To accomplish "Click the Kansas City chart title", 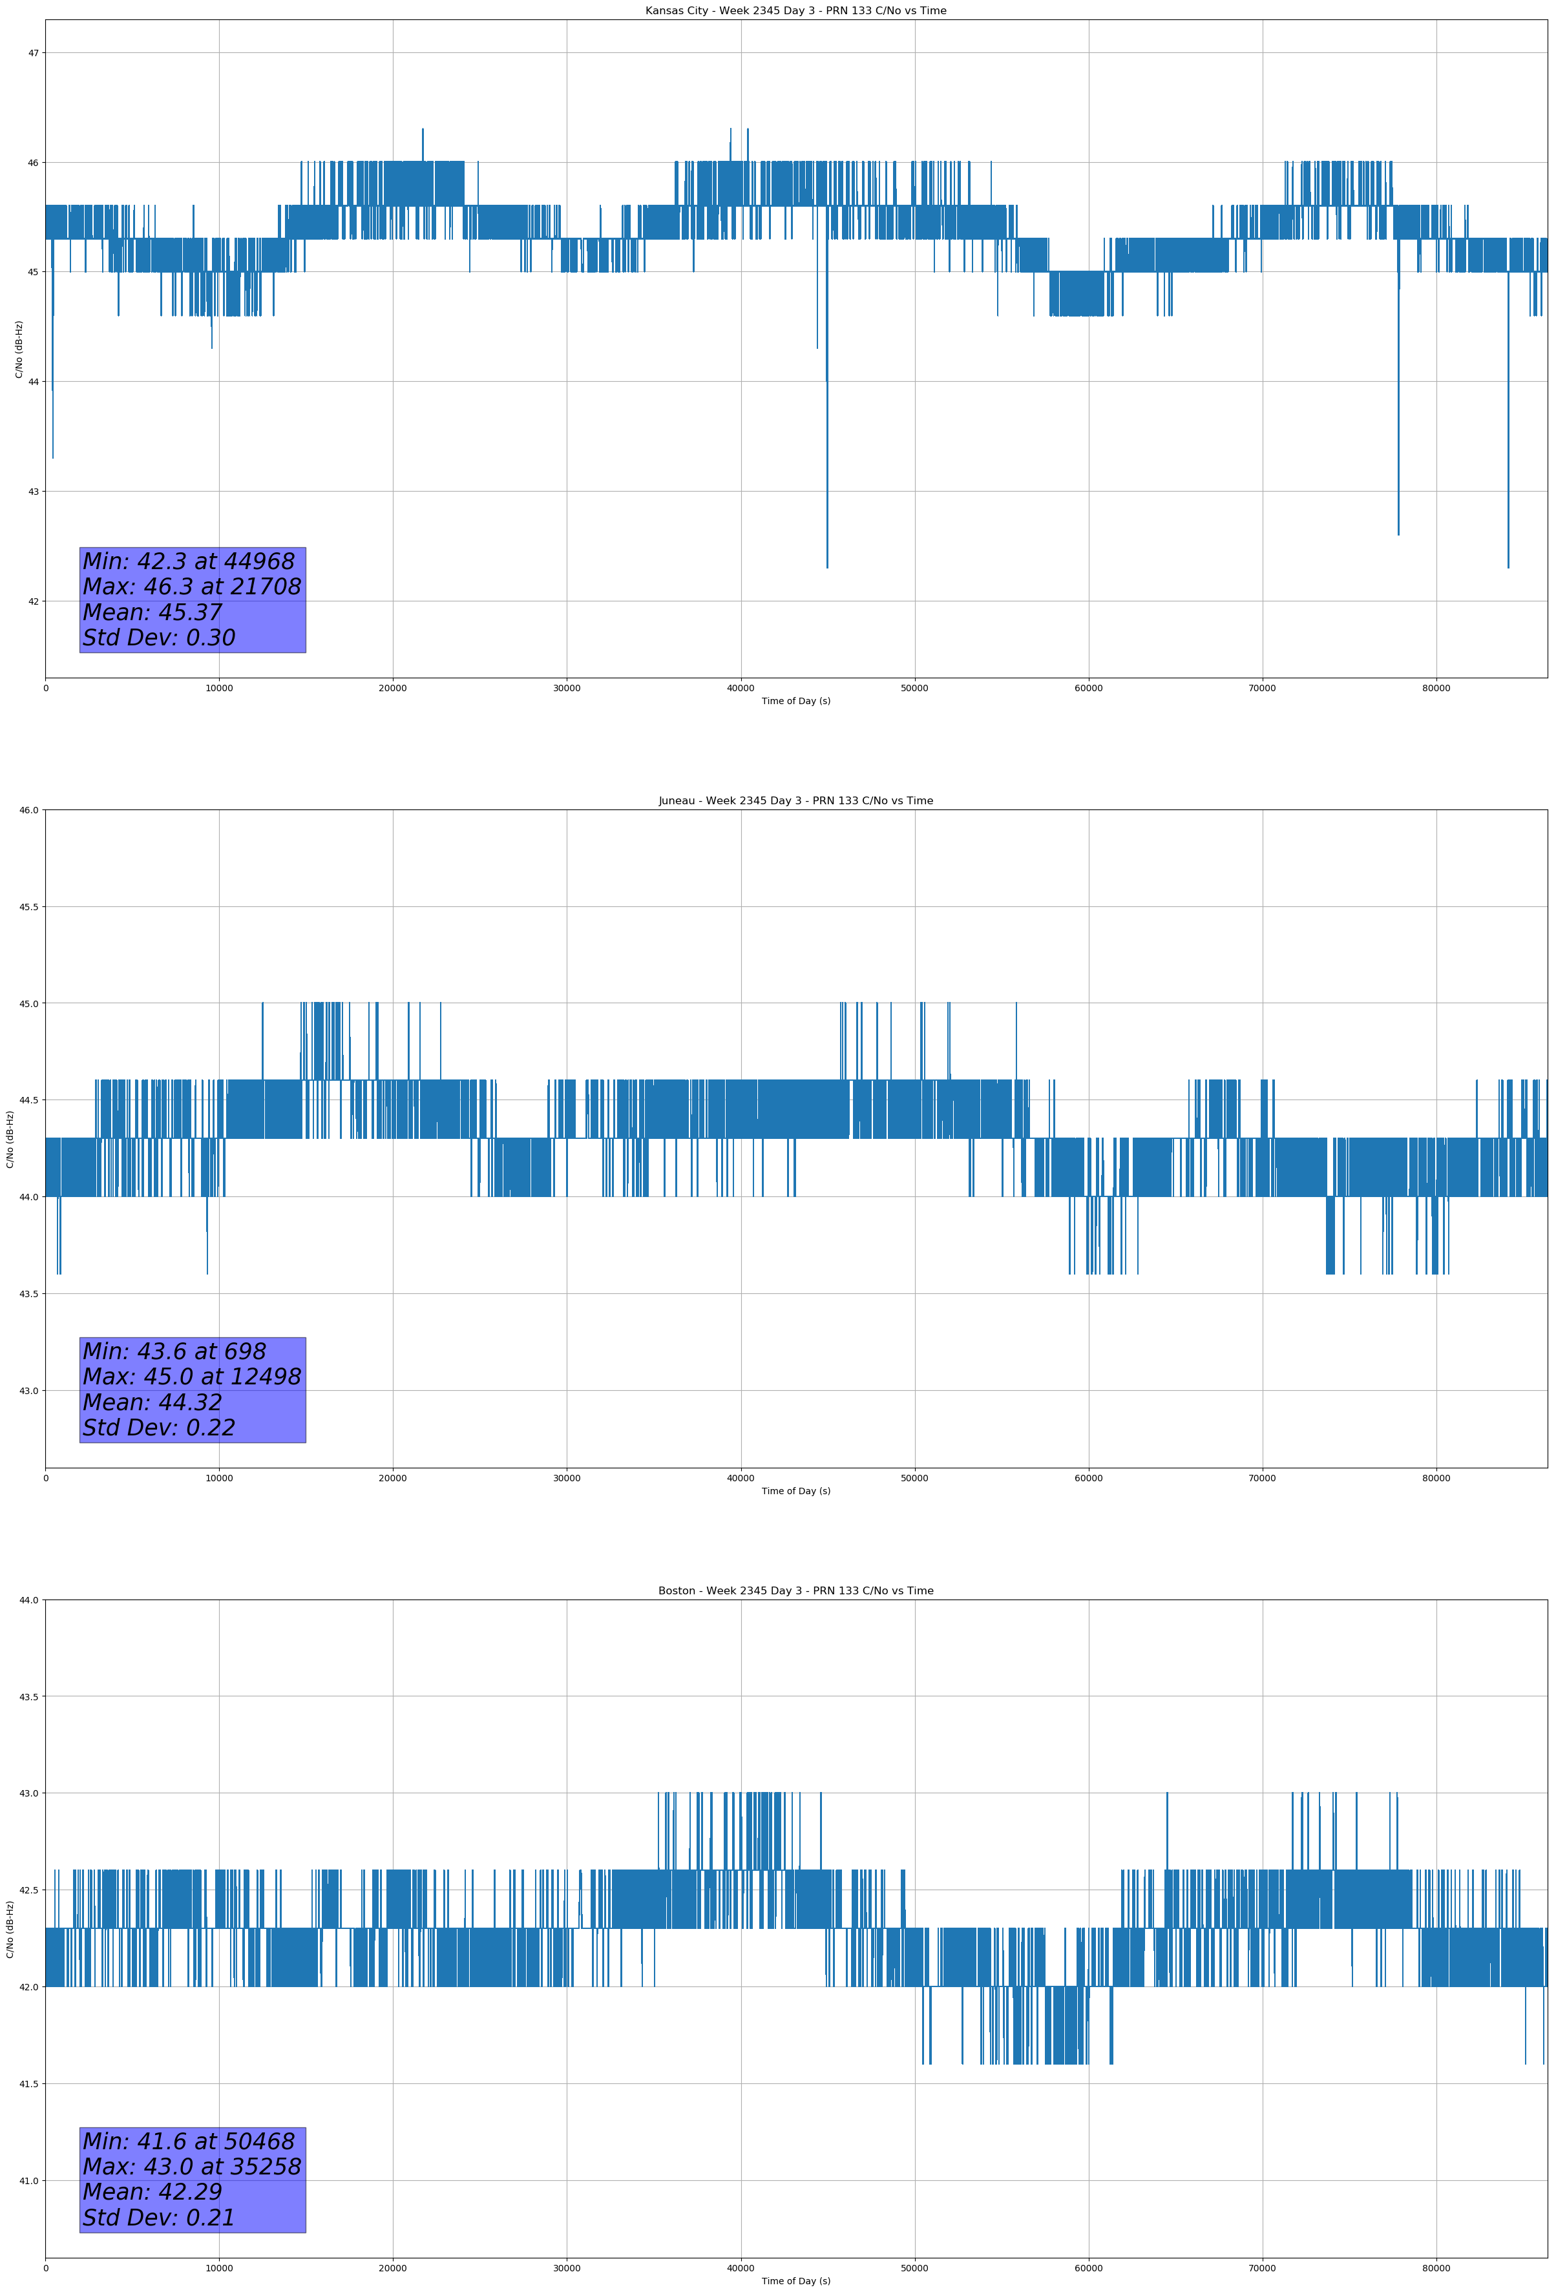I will (795, 11).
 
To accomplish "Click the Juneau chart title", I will (795, 801).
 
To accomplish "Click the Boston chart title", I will (795, 1591).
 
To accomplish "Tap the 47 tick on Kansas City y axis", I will (32, 53).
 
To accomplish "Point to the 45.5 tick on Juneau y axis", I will (28, 906).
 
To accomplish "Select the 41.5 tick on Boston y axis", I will (28, 2084).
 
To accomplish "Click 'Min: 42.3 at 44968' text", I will (189, 561).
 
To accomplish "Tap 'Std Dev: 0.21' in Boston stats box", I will (159, 2218).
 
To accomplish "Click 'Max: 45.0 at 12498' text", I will (191, 1377).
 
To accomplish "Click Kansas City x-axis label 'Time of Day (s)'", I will (795, 701).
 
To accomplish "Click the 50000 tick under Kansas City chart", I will (914, 689).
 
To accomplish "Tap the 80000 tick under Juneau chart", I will (1436, 1478).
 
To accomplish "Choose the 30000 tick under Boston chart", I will (566, 2268).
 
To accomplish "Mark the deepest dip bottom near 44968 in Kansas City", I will (827, 566).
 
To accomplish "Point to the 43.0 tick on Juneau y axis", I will (28, 1391).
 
